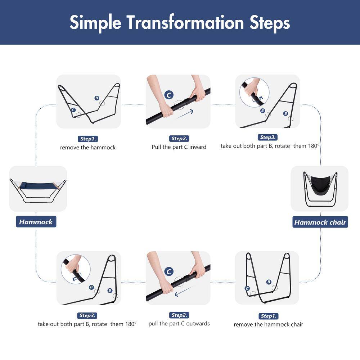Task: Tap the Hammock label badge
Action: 36,222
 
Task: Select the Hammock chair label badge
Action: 320,222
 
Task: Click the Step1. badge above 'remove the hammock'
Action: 88,139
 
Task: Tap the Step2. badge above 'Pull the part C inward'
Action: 179,139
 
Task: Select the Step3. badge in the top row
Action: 268,137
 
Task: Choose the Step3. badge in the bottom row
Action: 87,315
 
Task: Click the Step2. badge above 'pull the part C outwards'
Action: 179,315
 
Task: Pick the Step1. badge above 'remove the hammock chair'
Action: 269,316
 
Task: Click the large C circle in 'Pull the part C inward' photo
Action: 169,95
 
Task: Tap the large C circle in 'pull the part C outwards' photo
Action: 169,271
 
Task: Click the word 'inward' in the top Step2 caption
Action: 198,147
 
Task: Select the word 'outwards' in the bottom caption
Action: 198,324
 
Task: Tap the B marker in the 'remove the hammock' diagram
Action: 96,98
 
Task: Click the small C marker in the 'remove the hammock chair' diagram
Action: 247,289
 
